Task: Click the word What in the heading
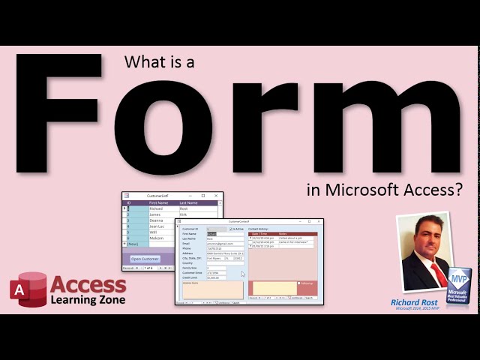coord(139,64)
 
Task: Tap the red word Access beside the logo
coord(88,285)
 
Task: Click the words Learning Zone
coord(88,300)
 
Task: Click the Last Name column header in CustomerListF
coord(188,202)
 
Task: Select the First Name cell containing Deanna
coord(157,220)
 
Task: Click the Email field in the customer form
coord(224,244)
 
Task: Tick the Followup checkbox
coord(299,283)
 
